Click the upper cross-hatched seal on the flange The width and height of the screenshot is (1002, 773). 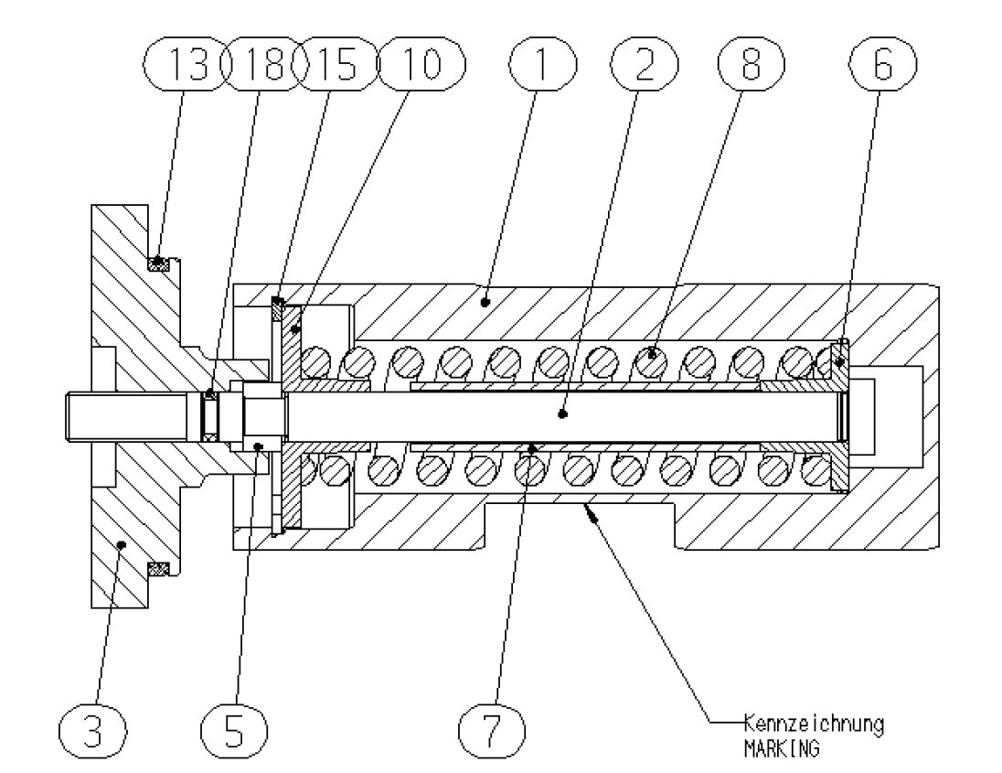(x=161, y=264)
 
